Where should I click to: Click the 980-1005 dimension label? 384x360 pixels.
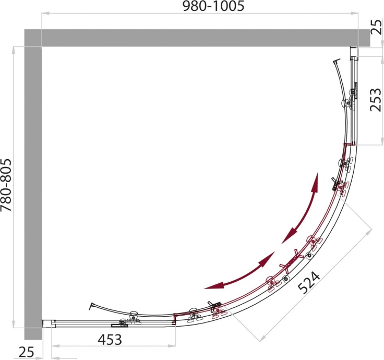213,6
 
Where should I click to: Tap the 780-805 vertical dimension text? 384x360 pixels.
6,185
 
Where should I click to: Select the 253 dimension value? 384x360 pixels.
376,100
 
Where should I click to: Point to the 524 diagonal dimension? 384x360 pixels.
309,283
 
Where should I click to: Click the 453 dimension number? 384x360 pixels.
110,340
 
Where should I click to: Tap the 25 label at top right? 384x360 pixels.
376,27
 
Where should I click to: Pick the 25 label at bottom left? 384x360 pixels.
27,353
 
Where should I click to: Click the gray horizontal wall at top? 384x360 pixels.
197,38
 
